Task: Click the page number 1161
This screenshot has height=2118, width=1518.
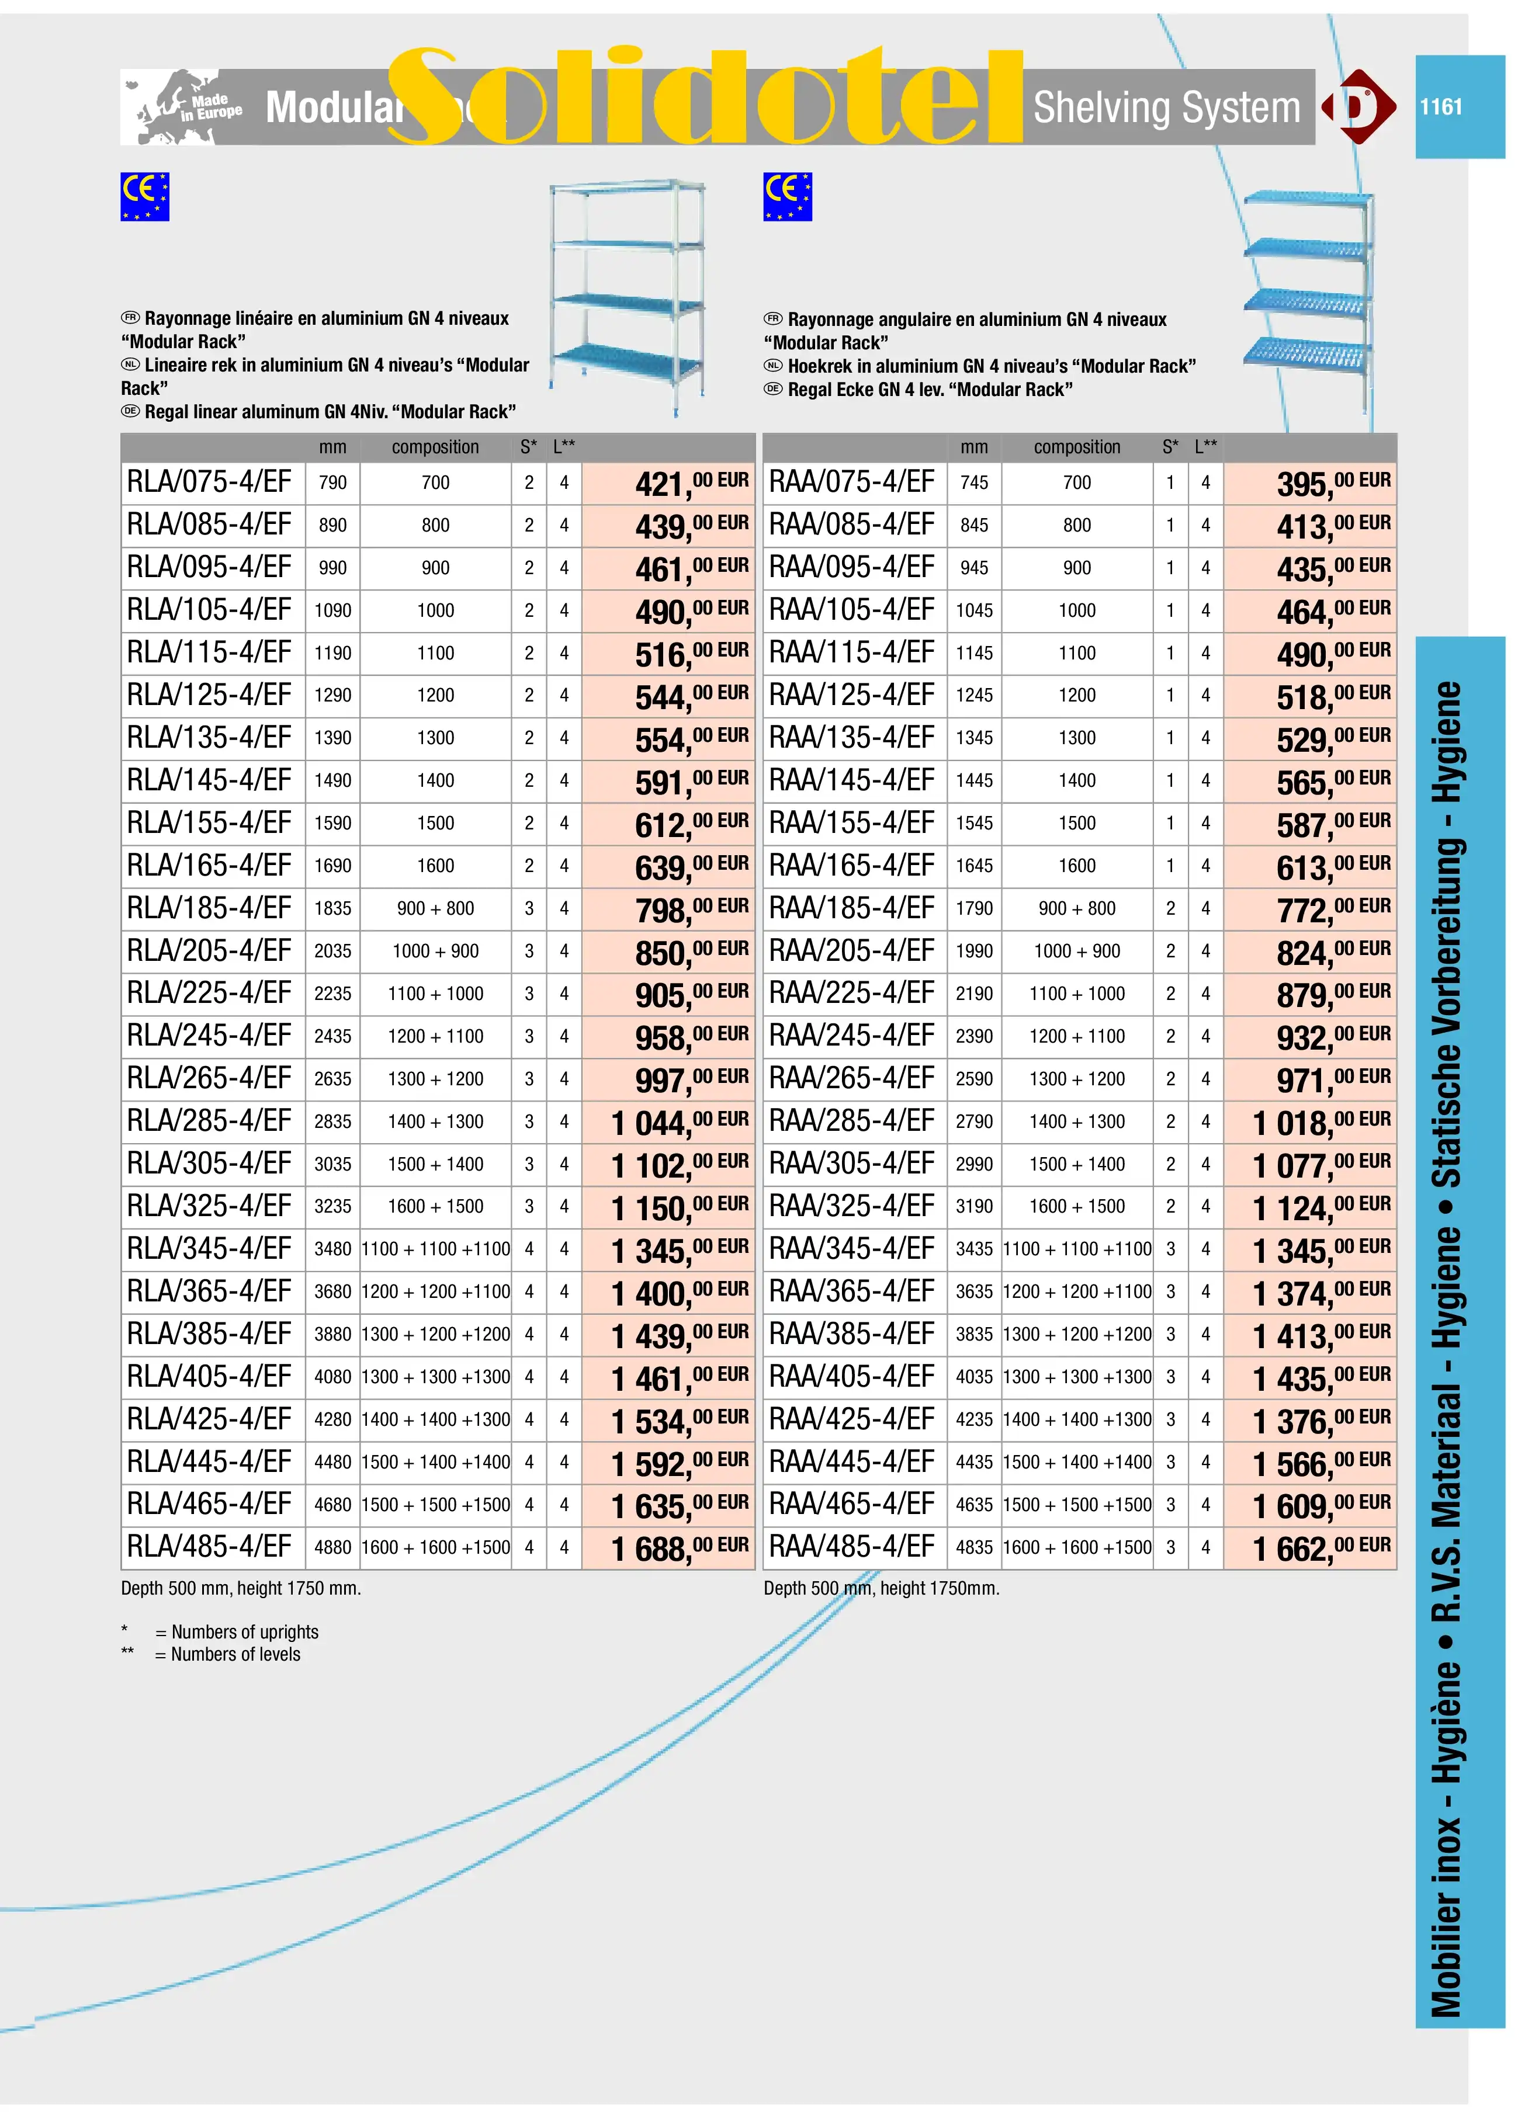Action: click(1440, 106)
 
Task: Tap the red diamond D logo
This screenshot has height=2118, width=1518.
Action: click(1358, 106)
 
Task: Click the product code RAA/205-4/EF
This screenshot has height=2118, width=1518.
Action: click(851, 951)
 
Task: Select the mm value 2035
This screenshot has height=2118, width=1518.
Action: click(332, 952)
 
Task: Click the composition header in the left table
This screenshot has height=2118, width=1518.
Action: click(435, 447)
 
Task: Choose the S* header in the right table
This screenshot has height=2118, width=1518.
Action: click(1170, 447)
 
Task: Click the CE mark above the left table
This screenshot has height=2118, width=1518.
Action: click(145, 197)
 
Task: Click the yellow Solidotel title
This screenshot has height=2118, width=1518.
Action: click(705, 98)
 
